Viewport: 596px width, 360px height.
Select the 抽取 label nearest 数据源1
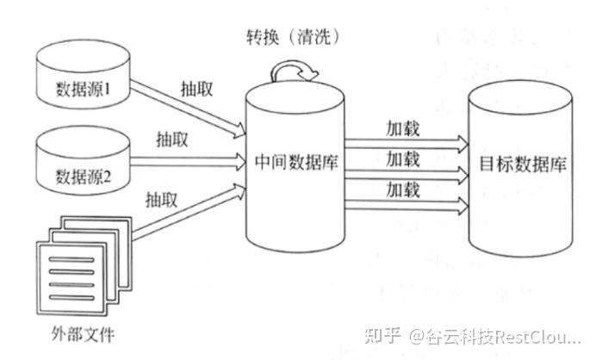[198, 89]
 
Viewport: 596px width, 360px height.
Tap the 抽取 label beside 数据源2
[172, 139]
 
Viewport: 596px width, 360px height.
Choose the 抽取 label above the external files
[162, 199]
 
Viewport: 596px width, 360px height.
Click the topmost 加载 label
[403, 127]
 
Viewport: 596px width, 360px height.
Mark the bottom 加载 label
[403, 188]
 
